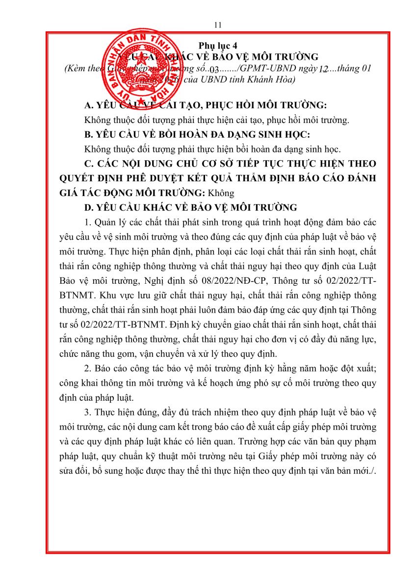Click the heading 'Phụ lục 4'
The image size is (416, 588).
[x=218, y=45]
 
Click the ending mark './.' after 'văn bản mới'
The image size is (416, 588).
[x=371, y=473]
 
